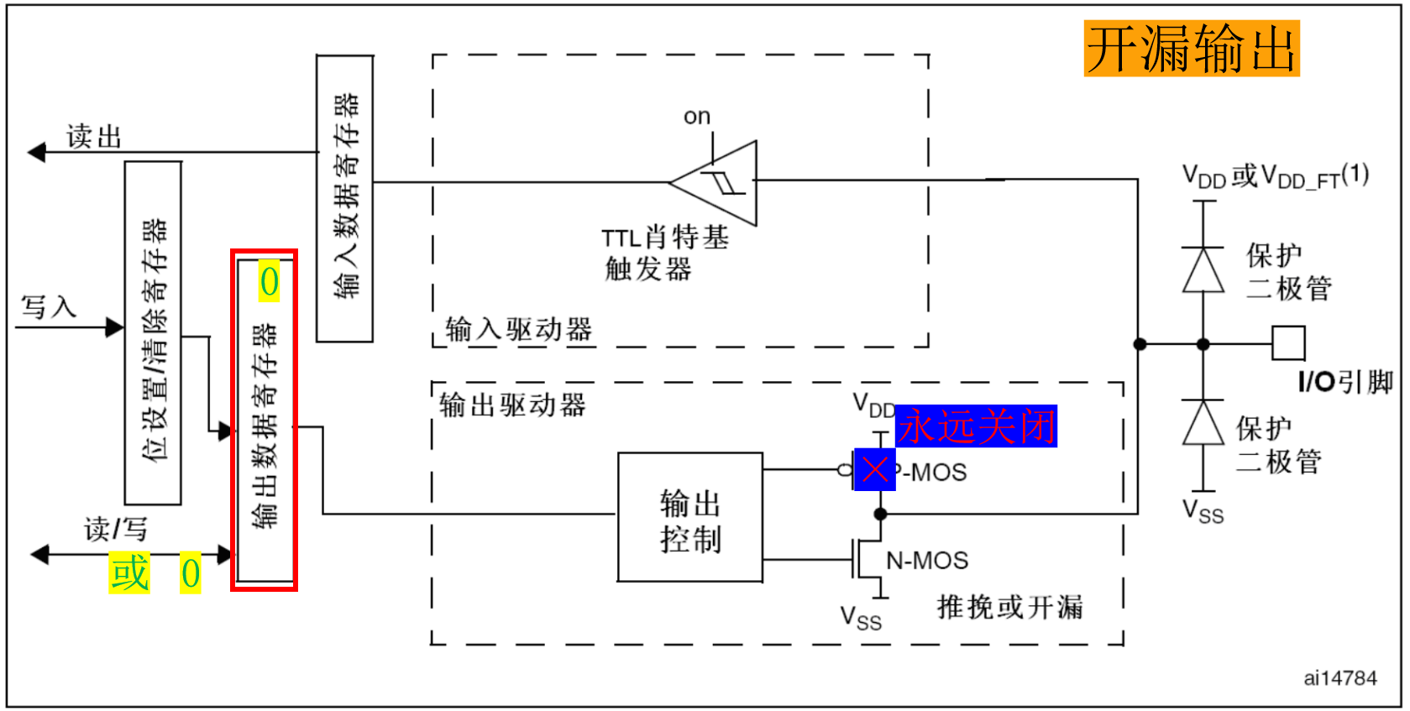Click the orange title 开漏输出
click(x=1191, y=49)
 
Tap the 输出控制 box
click(x=690, y=518)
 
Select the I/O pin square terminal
click(x=1288, y=343)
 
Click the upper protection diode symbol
click(x=1203, y=269)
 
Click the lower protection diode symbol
click(x=1203, y=423)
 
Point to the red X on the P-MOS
click(x=874, y=469)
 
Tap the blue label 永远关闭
click(x=976, y=426)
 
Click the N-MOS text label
click(x=927, y=560)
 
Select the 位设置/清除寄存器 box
click(x=153, y=333)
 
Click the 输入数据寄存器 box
click(x=344, y=198)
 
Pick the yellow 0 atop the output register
click(x=269, y=282)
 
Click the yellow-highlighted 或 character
click(x=129, y=572)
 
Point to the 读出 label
click(x=94, y=136)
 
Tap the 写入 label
click(x=48, y=306)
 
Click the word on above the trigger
click(x=696, y=117)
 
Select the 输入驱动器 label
click(x=518, y=329)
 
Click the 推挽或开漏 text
click(x=1009, y=606)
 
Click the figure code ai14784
click(x=1339, y=678)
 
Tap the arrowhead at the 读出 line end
click(x=36, y=152)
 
